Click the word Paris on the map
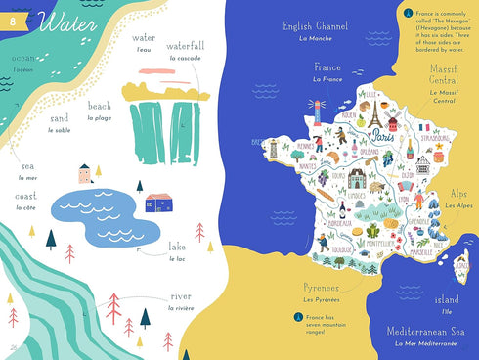pyautogui.click(x=382, y=138)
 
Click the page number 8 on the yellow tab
pyautogui.click(x=13, y=22)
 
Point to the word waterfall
pyautogui.click(x=185, y=46)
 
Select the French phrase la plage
pyautogui.click(x=100, y=117)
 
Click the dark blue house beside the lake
pyautogui.click(x=158, y=202)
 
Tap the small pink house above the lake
pyautogui.click(x=86, y=173)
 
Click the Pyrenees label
pyautogui.click(x=322, y=288)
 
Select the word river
pyautogui.click(x=181, y=296)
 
